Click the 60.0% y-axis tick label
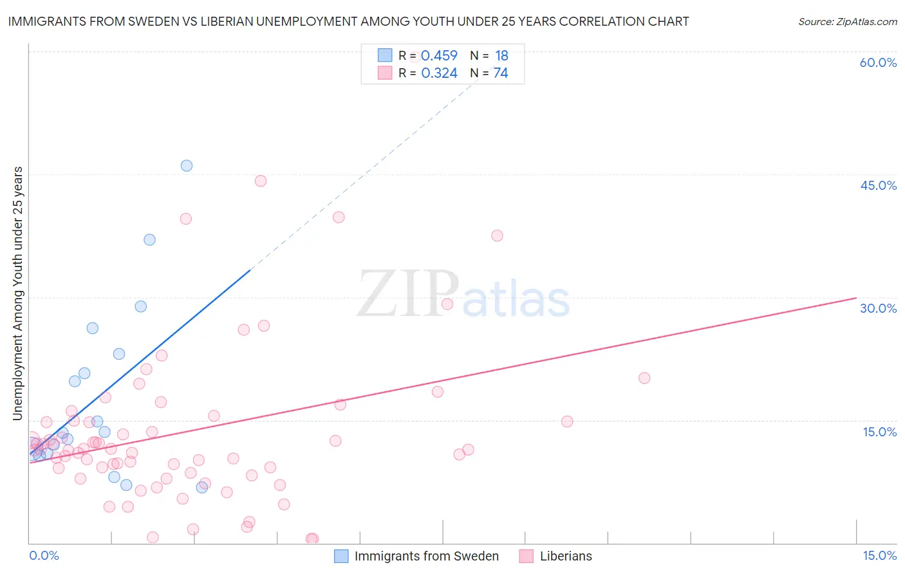(878, 62)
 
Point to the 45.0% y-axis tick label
(878, 185)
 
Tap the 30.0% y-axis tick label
(878, 308)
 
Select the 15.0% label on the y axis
(879, 432)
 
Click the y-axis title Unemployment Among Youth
(18, 293)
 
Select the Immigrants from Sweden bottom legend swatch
(341, 556)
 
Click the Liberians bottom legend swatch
(527, 556)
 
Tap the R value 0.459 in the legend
(439, 55)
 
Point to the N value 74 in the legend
(501, 73)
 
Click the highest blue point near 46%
(187, 165)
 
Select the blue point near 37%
(149, 239)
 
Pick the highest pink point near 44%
(261, 181)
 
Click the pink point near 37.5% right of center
(497, 236)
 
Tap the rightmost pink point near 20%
(644, 378)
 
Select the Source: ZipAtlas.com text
(847, 22)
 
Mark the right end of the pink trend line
(856, 298)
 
